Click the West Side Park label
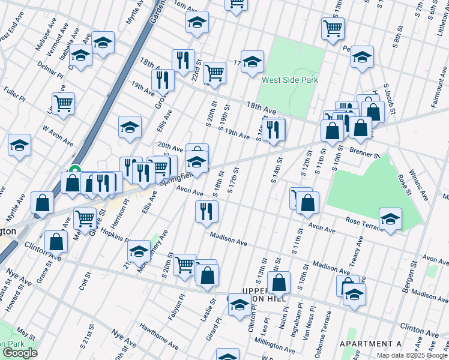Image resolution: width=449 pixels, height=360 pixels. pos(289,80)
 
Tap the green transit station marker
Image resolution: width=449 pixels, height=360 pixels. pos(75,170)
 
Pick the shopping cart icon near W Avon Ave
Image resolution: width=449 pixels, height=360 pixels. pos(63,103)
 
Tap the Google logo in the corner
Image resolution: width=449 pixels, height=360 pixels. pos(20,353)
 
